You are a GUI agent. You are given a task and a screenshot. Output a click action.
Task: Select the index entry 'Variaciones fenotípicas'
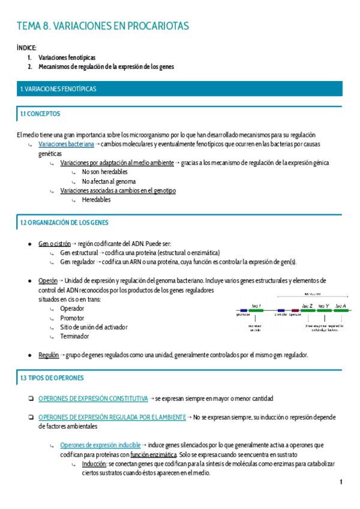pyautogui.click(x=67, y=57)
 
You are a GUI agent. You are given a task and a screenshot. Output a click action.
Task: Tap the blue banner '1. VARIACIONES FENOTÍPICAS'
pyautogui.click(x=58, y=89)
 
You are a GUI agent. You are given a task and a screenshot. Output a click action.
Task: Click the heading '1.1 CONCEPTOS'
pyautogui.click(x=40, y=113)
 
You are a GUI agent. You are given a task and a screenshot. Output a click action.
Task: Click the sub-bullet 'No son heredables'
pyautogui.click(x=105, y=172)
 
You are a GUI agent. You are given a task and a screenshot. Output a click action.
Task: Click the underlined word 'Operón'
pyautogui.click(x=47, y=280)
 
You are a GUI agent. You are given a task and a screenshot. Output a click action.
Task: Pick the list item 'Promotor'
pyautogui.click(x=72, y=318)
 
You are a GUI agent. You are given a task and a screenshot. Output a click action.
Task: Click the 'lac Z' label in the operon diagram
pyautogui.click(x=307, y=306)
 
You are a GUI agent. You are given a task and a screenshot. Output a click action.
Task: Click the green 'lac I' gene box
pyautogui.click(x=256, y=310)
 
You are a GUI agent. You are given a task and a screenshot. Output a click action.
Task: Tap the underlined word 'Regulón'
pyautogui.click(x=48, y=355)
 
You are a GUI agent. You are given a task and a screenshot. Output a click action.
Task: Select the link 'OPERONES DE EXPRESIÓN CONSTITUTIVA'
pyautogui.click(x=92, y=399)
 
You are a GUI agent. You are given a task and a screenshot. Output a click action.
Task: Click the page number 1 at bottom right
pyautogui.click(x=341, y=482)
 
